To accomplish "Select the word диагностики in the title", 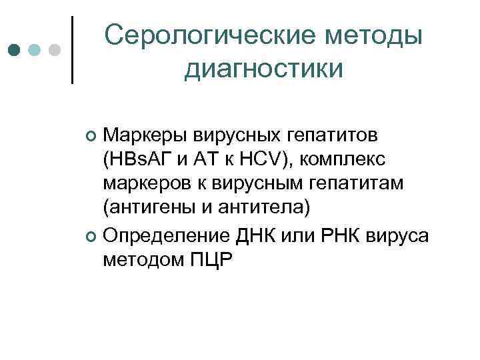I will (x=264, y=68).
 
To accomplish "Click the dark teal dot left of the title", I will (x=14, y=50).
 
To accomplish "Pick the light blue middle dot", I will (x=35, y=50).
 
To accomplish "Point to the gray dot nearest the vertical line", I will (x=55, y=50).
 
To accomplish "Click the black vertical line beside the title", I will (x=73, y=49).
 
